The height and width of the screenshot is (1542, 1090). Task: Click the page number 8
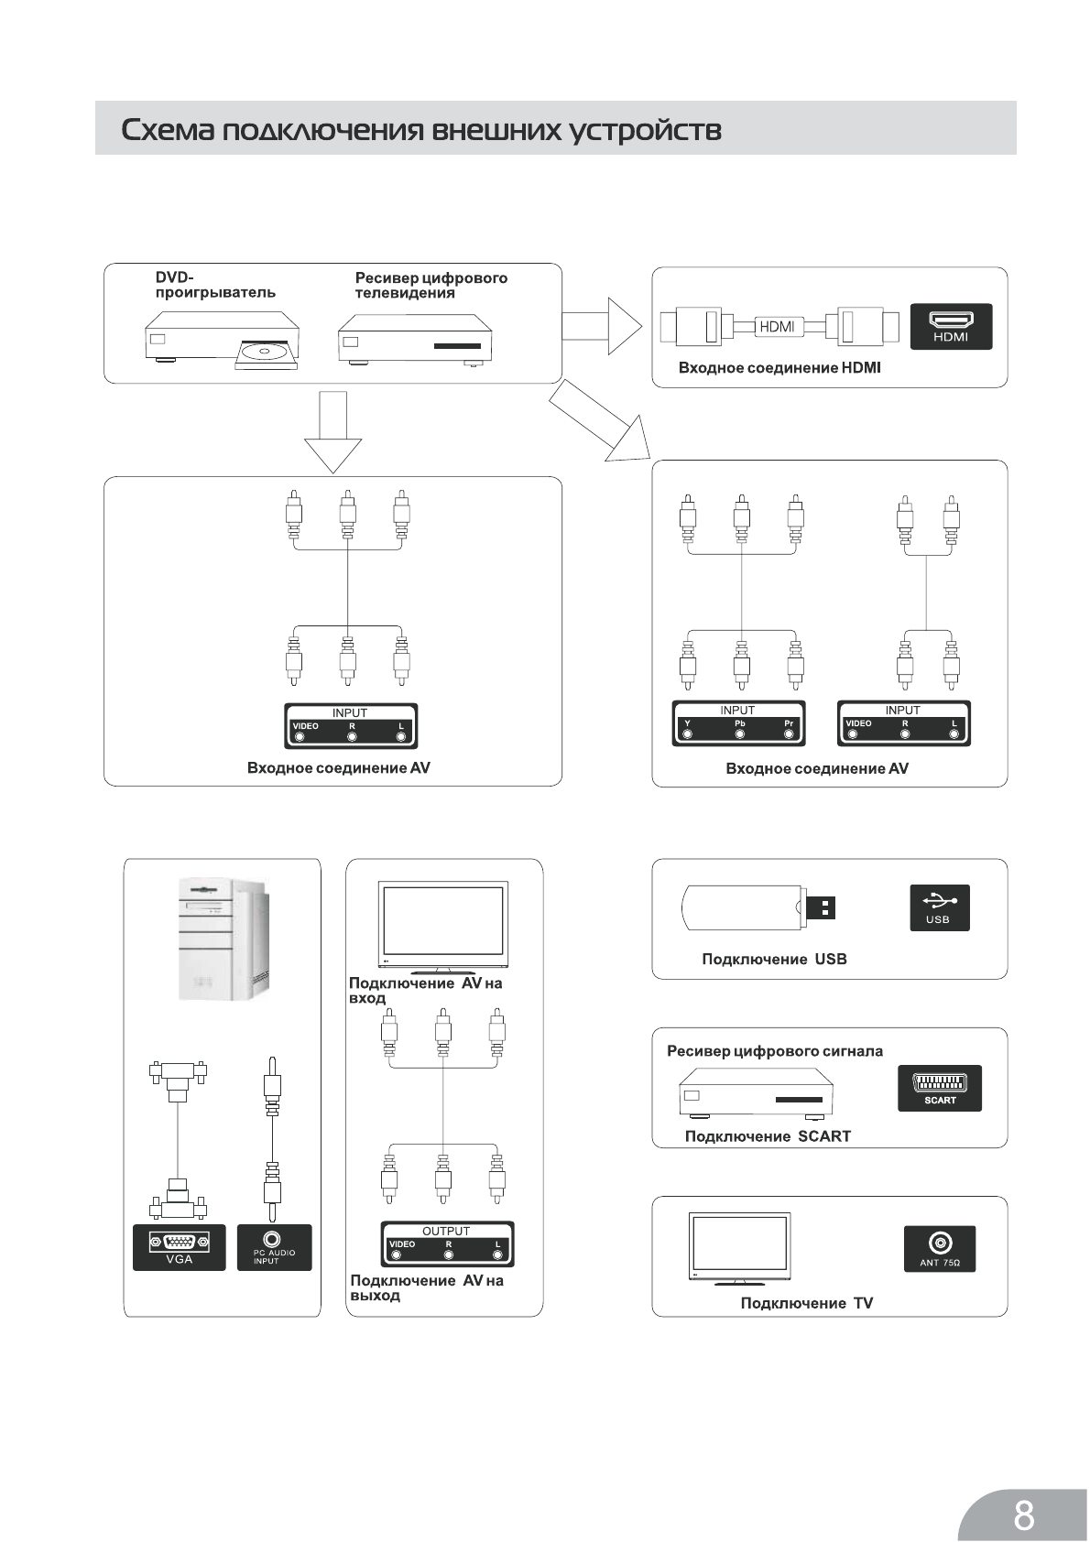[1024, 1491]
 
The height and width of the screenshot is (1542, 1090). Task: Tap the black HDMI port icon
[950, 326]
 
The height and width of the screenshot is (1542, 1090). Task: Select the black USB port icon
[939, 907]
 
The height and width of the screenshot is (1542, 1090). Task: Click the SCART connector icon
[939, 1088]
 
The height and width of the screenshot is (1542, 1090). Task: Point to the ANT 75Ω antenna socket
[939, 1248]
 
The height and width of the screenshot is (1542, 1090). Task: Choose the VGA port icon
[180, 1247]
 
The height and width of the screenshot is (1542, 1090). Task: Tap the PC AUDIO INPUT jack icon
[274, 1247]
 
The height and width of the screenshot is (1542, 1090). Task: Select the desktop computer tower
[223, 939]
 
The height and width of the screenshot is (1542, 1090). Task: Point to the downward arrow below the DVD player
[332, 430]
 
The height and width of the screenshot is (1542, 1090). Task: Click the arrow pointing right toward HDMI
[601, 325]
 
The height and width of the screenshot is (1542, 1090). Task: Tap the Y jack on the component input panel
[688, 733]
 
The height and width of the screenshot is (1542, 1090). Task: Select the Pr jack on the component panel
[790, 733]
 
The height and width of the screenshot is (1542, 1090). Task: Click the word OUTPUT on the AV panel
[446, 1231]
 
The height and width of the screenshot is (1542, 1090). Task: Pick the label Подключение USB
[774, 959]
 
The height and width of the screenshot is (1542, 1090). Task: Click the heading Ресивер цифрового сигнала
[775, 1051]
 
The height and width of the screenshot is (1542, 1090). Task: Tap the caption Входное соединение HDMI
[779, 368]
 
